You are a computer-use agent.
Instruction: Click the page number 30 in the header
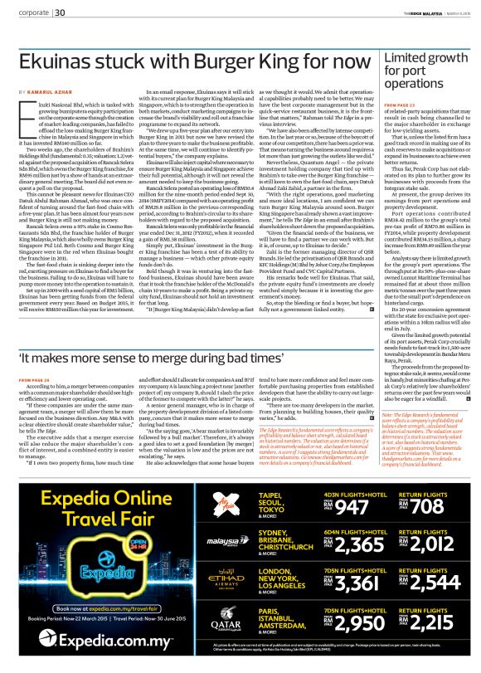click(61, 12)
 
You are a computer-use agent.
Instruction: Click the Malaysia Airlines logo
click(206, 541)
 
